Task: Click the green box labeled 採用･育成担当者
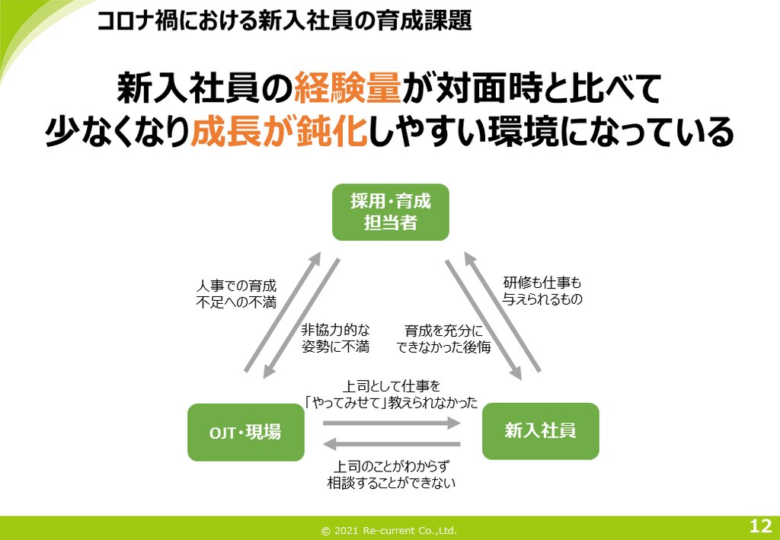coord(391,212)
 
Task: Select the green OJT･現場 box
coord(246,432)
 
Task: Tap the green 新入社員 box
coord(541,431)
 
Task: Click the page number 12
coord(760,526)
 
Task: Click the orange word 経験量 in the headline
coord(347,89)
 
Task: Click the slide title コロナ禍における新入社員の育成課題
coord(284,21)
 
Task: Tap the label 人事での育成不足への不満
coord(236,294)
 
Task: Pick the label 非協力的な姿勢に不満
coord(335,338)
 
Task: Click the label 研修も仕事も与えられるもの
coord(542,291)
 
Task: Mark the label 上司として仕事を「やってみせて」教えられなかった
coord(392,395)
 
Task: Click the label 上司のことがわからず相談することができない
coord(392,474)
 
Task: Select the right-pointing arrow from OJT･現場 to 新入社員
coord(392,423)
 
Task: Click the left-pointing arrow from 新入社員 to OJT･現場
coord(392,443)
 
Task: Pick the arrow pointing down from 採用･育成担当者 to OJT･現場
coord(302,318)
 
